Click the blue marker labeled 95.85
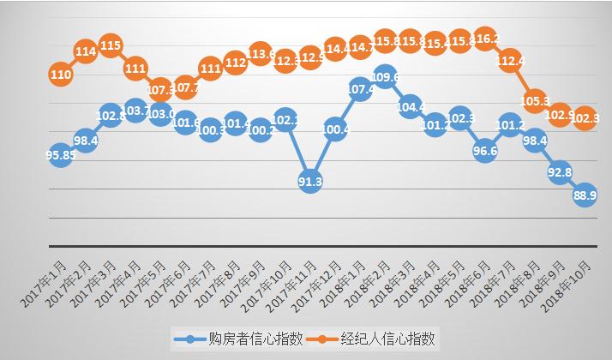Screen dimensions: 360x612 60,156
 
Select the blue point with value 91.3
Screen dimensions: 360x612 310,181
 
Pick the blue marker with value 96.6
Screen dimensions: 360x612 486,151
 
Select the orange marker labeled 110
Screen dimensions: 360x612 60,75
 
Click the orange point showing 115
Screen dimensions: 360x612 111,45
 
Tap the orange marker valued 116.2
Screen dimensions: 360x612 486,39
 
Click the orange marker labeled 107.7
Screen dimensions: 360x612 185,87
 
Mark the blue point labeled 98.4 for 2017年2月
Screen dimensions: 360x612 85,140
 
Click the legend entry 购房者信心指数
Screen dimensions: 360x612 225,339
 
